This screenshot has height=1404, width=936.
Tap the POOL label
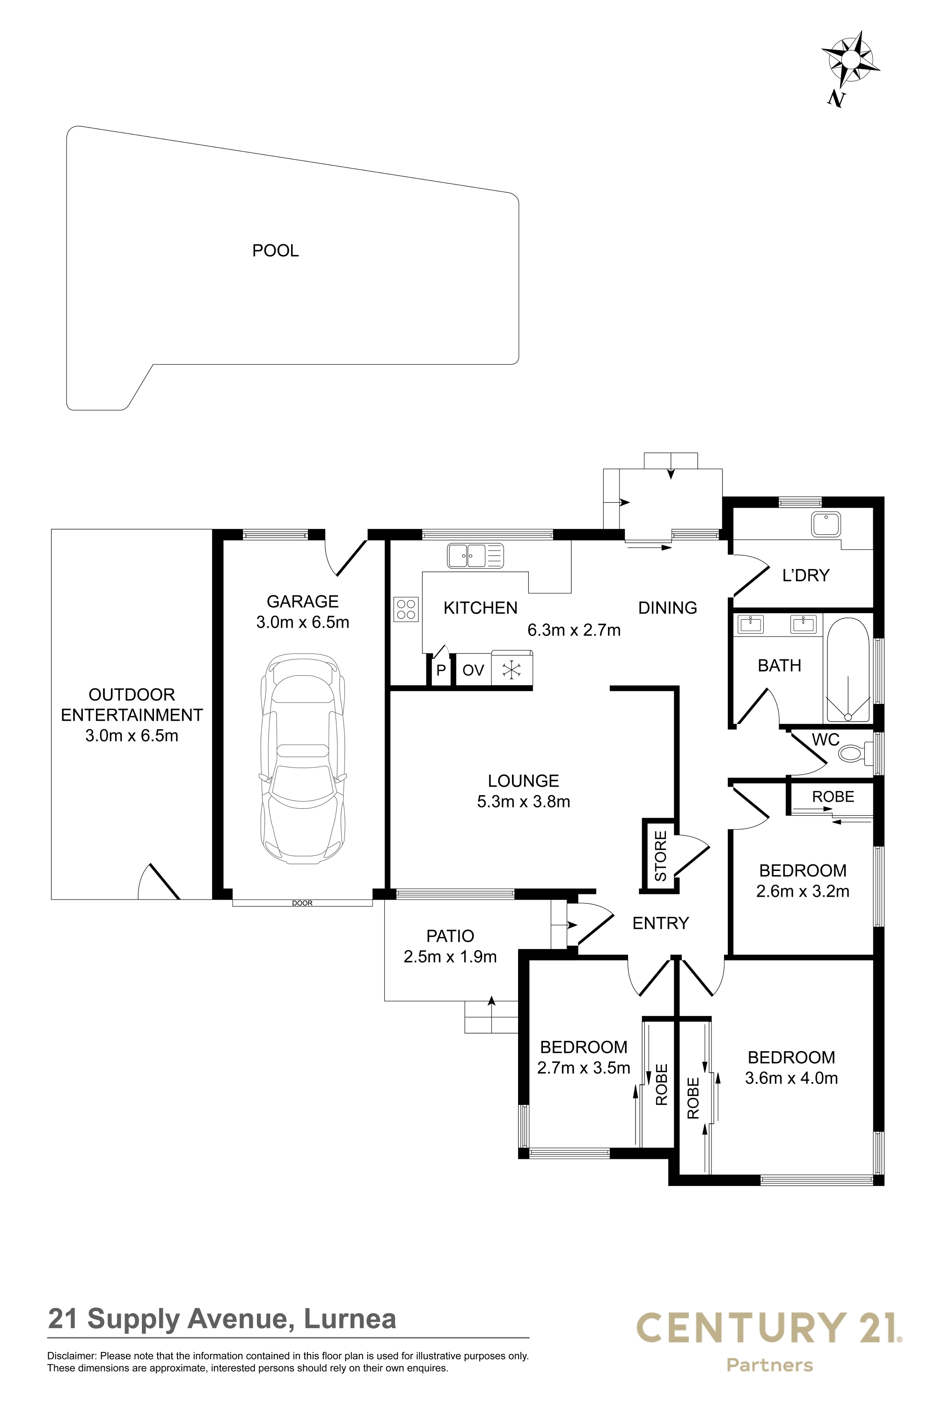coord(275,251)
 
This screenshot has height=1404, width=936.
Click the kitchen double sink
coord(475,556)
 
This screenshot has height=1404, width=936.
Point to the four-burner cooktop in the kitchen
coord(406,609)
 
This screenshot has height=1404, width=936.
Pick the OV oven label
coord(473,670)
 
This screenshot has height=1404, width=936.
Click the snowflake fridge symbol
coord(512,670)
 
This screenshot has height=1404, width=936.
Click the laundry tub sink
coord(826,525)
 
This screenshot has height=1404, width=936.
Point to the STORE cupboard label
coord(661,856)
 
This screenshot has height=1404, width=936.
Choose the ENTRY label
coord(660,923)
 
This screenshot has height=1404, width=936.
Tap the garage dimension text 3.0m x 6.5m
coord(303,622)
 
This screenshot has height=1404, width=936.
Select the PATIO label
coord(450,936)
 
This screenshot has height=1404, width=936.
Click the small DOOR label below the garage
coord(302,903)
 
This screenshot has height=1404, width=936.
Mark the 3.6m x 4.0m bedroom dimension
coord(791,1078)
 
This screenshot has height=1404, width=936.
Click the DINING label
coord(667,607)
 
